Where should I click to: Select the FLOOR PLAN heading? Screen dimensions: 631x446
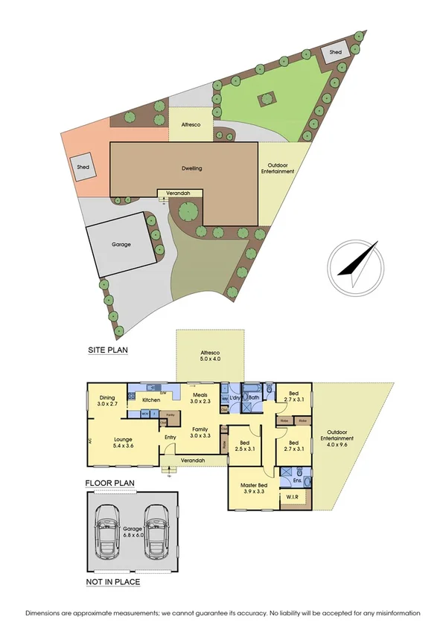click(x=109, y=483)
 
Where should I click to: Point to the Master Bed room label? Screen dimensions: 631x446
click(x=255, y=488)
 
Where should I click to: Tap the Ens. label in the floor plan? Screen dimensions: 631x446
click(x=288, y=481)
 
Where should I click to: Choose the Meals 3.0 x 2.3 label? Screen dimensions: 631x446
click(x=200, y=398)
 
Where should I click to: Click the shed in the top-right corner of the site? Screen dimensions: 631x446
click(x=337, y=52)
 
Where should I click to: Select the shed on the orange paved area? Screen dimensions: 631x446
click(x=83, y=167)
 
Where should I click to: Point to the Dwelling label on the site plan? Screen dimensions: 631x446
click(x=191, y=168)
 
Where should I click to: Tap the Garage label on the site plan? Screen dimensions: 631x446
click(x=121, y=244)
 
